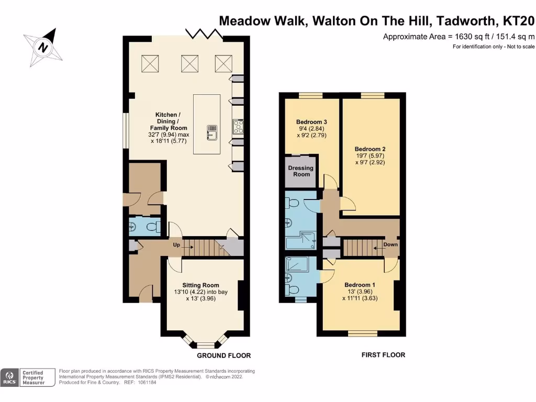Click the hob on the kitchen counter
click(x=238, y=126)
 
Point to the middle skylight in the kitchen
click(x=189, y=63)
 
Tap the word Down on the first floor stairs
click(x=390, y=244)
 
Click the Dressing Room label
click(x=300, y=171)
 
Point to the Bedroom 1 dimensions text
click(x=360, y=295)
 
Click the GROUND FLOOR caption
click(x=224, y=355)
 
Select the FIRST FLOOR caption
click(x=383, y=355)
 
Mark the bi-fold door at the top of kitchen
click(x=205, y=35)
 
